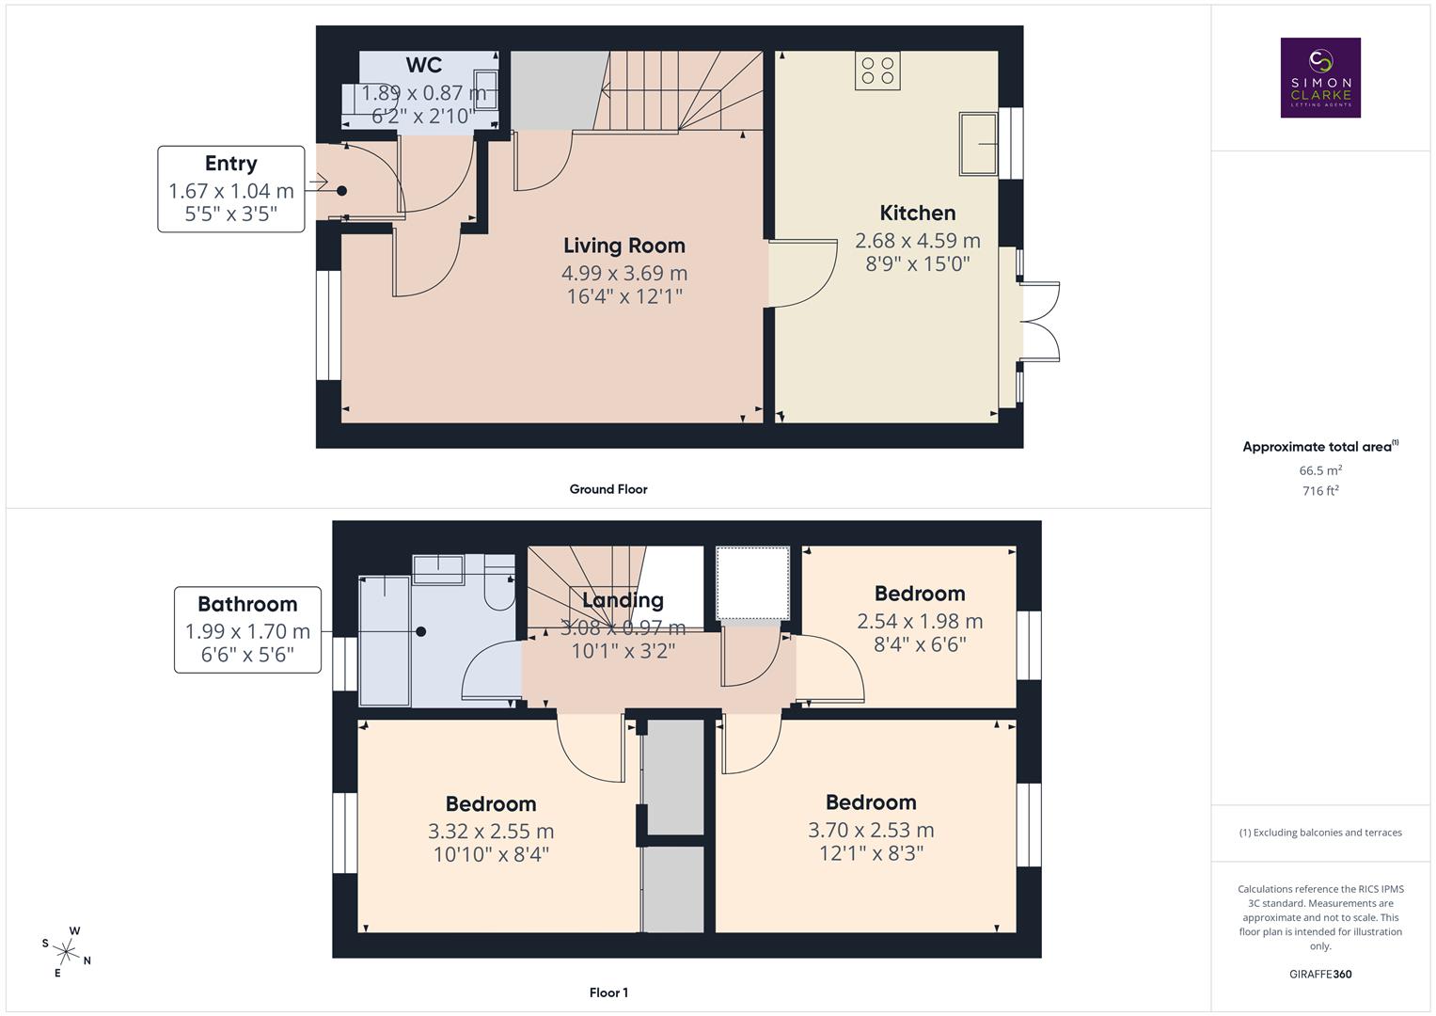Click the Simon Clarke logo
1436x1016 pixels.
pos(1319,77)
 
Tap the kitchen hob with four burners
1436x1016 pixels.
pos(876,71)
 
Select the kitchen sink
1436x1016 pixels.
pos(978,143)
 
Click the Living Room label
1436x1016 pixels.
pos(623,246)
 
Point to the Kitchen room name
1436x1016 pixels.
pos(917,213)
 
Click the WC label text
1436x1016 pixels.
pos(423,65)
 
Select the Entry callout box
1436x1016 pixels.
pos(231,189)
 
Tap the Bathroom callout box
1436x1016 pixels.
pos(247,629)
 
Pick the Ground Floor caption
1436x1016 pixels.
pos(608,489)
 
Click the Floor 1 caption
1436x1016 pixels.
pos(608,992)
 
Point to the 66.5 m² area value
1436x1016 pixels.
pos(1319,470)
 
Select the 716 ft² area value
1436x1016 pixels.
pos(1319,490)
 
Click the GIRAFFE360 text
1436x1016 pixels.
pos(1319,975)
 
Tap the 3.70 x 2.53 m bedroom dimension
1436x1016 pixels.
pos(870,830)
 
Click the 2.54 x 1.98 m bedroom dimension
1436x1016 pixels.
pos(919,621)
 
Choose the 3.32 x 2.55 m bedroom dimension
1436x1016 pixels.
pos(490,832)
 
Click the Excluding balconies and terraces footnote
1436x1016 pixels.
pos(1319,833)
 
